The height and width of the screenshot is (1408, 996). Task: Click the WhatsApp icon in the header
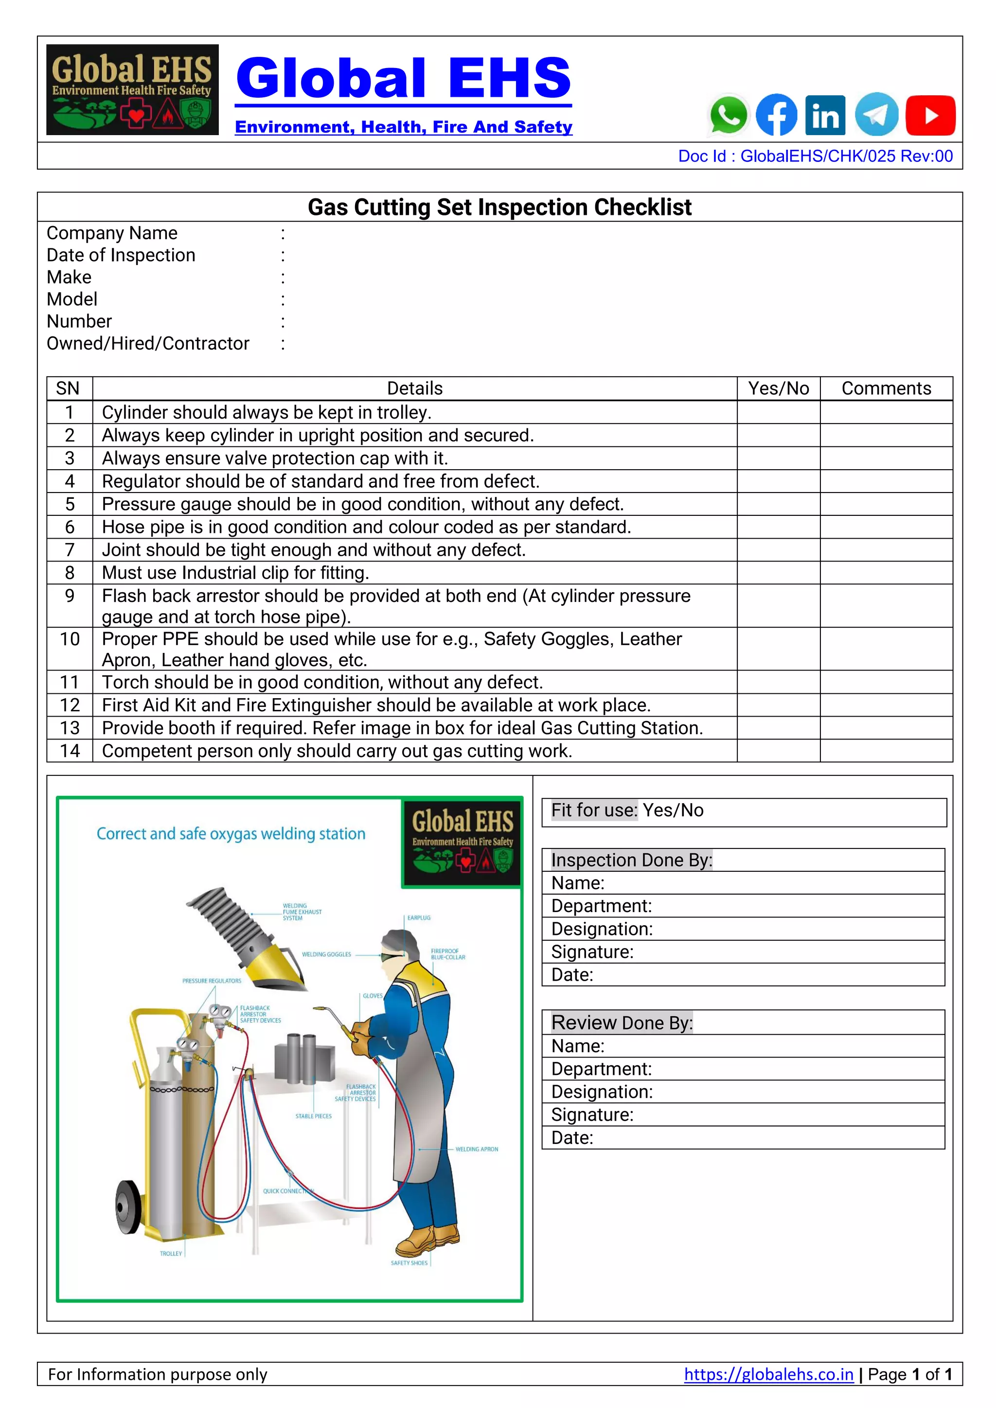pos(728,115)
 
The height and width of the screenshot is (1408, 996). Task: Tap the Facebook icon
pos(777,115)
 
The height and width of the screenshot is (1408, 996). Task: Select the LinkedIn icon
pos(825,115)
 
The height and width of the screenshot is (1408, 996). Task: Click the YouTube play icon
pos(930,115)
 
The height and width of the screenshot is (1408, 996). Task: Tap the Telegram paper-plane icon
pos(876,115)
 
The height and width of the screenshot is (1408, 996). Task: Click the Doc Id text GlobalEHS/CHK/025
pos(815,157)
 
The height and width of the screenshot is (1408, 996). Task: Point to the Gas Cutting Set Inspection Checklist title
pos(499,207)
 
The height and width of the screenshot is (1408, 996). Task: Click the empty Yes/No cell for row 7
pos(778,550)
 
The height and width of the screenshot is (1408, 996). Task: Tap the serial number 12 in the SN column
pos(70,705)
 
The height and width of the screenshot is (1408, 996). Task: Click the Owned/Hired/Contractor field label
pos(148,343)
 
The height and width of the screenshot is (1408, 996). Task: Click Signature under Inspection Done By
pos(592,952)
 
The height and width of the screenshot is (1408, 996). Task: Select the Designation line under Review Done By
pos(602,1092)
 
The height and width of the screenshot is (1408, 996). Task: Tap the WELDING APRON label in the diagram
pos(477,1149)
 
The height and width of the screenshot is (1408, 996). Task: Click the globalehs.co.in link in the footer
pos(768,1374)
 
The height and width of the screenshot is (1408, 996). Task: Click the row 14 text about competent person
pos(337,751)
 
